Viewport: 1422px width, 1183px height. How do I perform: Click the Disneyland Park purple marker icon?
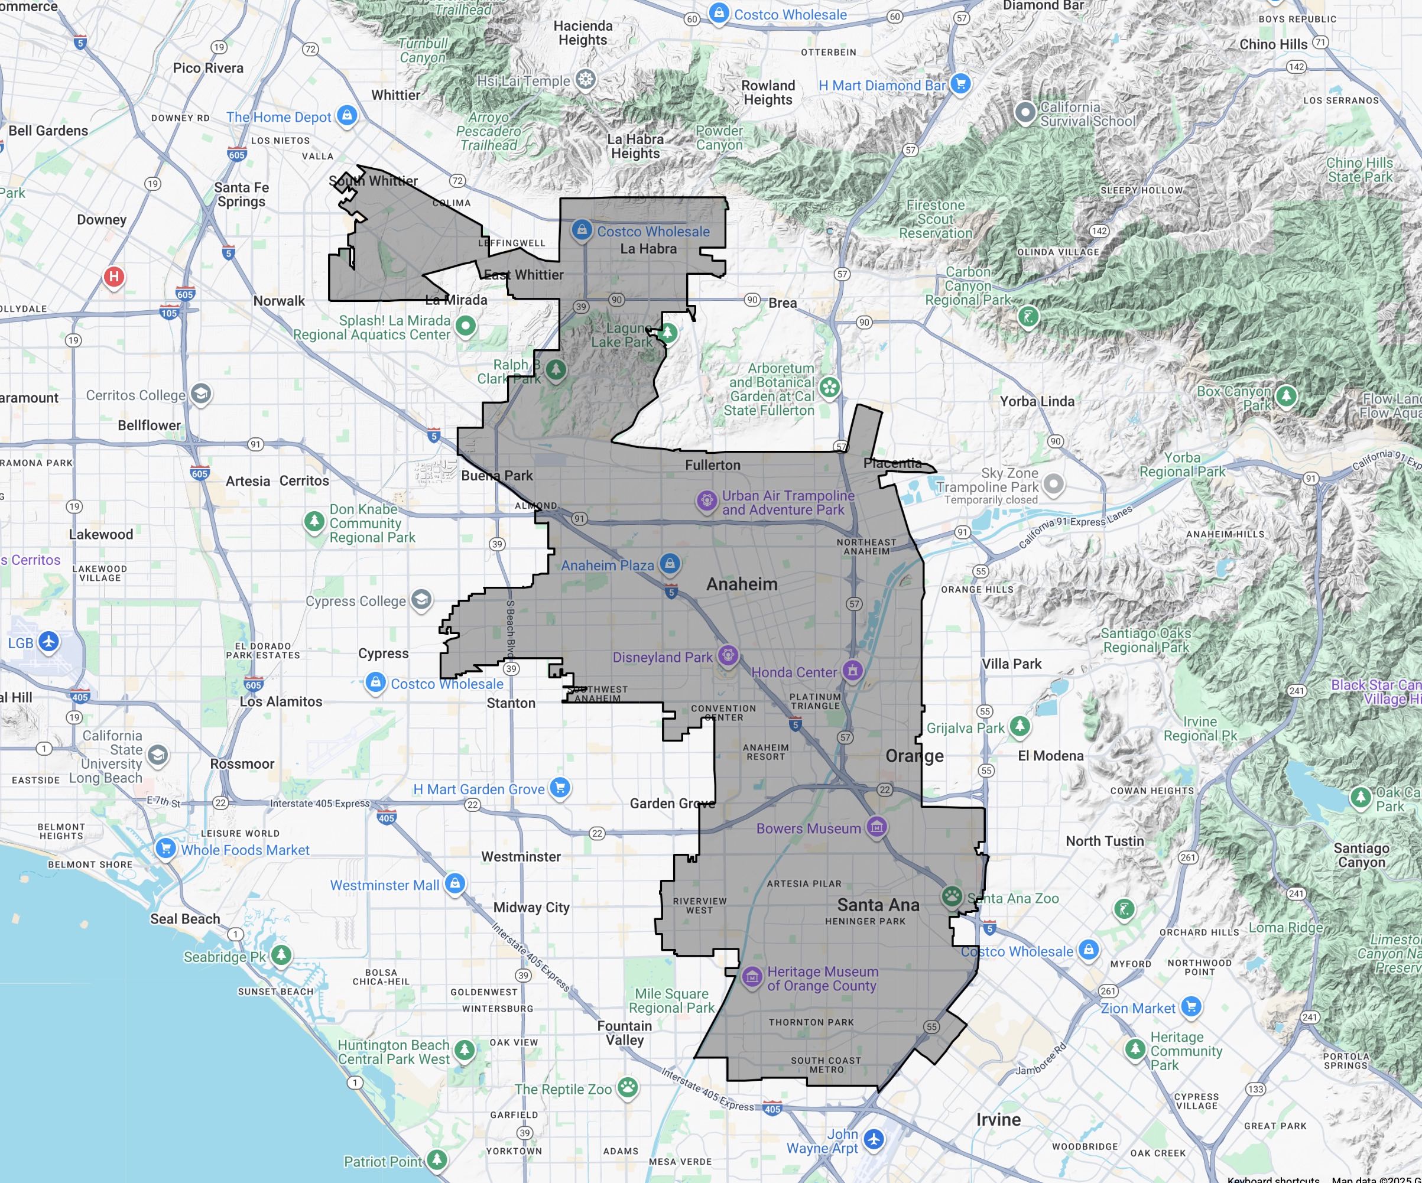(728, 655)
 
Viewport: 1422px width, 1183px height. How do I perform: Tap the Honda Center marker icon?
(852, 671)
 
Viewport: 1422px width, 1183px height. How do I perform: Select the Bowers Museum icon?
(877, 827)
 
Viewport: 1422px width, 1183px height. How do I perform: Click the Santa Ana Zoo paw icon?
(952, 896)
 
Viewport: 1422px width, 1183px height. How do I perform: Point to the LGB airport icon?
(48, 641)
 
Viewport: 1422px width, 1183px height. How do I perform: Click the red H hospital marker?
(113, 277)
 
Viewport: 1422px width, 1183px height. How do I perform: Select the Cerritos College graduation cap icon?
(201, 394)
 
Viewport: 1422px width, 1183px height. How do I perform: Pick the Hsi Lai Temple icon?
(586, 79)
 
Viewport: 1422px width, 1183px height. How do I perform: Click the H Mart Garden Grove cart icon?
(559, 788)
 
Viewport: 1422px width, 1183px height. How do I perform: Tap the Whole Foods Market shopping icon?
(165, 848)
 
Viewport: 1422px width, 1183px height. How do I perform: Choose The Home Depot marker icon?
(348, 115)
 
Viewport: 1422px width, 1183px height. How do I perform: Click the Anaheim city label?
(742, 584)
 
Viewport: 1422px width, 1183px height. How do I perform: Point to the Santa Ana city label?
(878, 905)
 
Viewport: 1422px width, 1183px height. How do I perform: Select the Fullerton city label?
(712, 464)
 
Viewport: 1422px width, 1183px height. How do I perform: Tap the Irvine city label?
(998, 1119)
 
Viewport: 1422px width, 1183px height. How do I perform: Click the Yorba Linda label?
(1037, 401)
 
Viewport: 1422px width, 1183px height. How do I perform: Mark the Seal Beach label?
(185, 918)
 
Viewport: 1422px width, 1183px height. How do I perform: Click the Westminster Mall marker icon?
(455, 883)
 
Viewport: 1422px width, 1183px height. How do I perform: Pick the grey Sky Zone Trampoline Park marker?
(1053, 483)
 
